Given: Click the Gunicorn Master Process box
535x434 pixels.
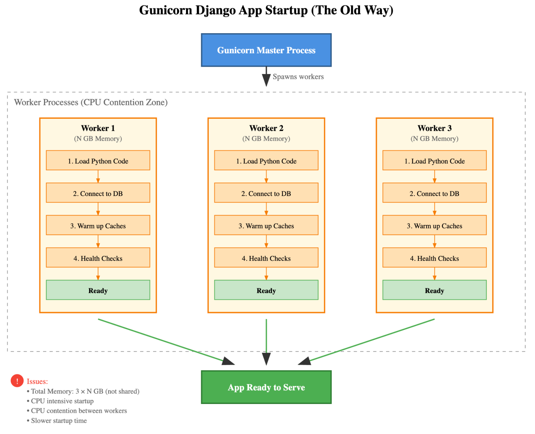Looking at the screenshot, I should (266, 50).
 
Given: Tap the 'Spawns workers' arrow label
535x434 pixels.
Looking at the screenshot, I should (298, 77).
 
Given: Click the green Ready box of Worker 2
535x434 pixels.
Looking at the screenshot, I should (266, 290).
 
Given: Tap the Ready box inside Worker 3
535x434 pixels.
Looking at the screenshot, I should (434, 290).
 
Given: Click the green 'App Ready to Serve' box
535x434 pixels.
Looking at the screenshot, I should (266, 387).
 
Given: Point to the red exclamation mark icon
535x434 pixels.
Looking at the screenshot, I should (17, 381).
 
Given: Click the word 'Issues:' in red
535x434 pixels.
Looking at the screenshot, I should (37, 381).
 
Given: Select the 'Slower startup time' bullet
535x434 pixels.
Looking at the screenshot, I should (59, 421).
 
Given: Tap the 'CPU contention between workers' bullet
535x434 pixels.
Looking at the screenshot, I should (79, 411).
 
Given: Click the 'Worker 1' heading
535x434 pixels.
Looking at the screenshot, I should (98, 128).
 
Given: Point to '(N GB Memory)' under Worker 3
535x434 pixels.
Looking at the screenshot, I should (434, 139).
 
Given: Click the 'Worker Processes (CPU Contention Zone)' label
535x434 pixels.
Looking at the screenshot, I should (91, 102).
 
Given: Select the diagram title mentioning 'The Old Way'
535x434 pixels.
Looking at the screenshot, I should (266, 10).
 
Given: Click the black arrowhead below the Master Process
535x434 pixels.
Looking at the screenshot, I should (266, 80).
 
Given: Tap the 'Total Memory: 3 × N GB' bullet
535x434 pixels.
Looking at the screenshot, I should (85, 391).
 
